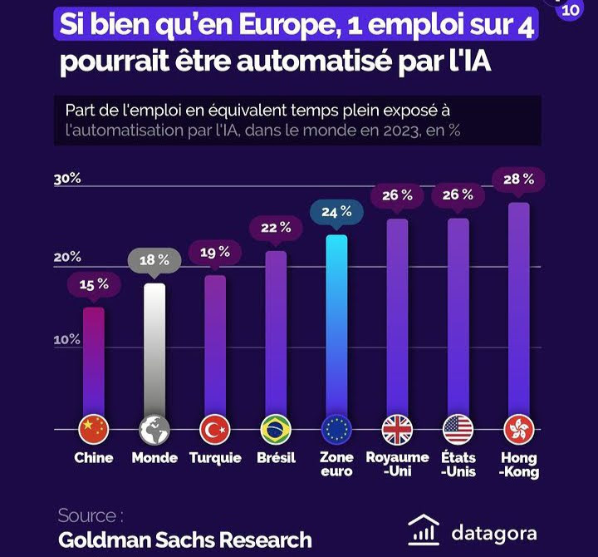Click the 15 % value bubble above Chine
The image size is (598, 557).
(94, 284)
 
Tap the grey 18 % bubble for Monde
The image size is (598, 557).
(154, 260)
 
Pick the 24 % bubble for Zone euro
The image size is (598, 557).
(336, 212)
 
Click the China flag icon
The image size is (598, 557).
(94, 430)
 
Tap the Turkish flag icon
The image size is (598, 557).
(215, 430)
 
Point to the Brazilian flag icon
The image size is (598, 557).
(276, 430)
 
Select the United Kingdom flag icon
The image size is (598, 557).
(397, 430)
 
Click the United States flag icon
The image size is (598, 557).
(458, 430)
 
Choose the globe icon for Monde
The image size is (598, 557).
(154, 430)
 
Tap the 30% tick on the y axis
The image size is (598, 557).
(67, 179)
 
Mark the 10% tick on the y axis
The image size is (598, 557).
(67, 340)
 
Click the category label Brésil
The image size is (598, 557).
(276, 458)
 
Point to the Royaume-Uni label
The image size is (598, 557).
(397, 464)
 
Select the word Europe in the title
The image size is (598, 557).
(280, 26)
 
